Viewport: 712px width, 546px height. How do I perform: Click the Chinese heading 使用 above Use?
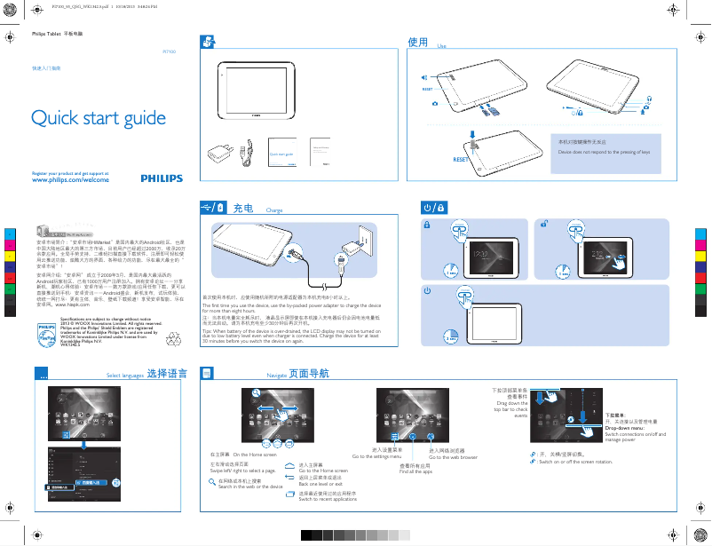[417, 42]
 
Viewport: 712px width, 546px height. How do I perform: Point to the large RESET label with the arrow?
[460, 158]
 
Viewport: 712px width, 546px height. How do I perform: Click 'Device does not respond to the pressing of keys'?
[604, 153]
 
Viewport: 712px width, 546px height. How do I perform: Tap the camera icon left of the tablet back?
[434, 105]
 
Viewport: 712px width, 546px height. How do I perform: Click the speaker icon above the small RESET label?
[424, 77]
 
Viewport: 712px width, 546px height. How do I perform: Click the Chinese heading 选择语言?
[167, 374]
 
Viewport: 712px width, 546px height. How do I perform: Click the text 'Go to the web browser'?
[453, 457]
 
